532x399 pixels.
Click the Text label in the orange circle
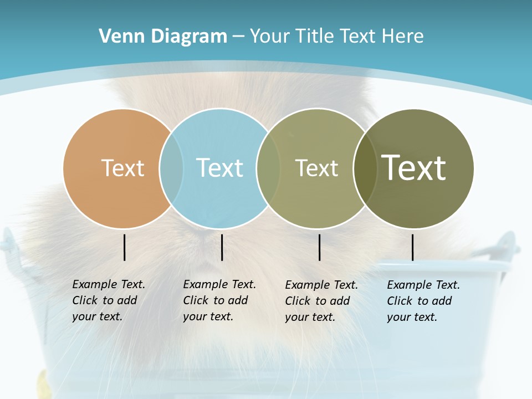click(x=122, y=168)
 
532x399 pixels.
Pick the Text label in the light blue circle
click(x=219, y=168)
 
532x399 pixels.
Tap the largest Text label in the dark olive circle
click(x=414, y=167)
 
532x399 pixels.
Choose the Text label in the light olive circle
click(x=316, y=168)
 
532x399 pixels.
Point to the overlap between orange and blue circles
click(x=171, y=168)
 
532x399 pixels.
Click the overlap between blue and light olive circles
click(x=268, y=168)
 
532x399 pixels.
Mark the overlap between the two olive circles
click(x=365, y=168)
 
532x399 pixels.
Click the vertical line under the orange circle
click(x=124, y=247)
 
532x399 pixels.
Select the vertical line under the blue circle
click(x=222, y=247)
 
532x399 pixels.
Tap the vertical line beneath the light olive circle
click(x=319, y=247)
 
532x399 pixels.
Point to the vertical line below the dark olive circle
click(x=412, y=247)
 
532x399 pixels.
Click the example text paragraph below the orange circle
click(x=109, y=300)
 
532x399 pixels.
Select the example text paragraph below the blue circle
click(x=219, y=300)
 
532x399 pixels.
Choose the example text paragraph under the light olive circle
click(x=321, y=301)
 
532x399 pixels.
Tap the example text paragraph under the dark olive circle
click(x=423, y=301)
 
